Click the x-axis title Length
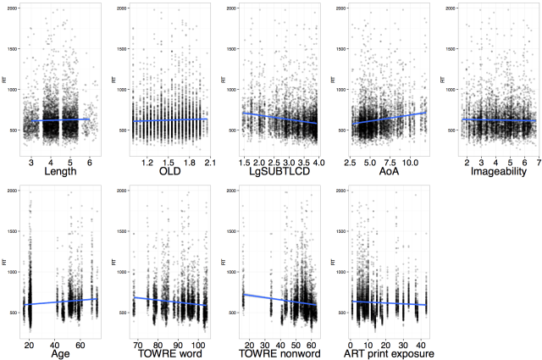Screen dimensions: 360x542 pos(59,171)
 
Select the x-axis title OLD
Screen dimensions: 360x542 pos(169,171)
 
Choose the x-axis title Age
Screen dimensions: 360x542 pos(59,353)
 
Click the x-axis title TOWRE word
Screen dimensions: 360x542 pos(169,353)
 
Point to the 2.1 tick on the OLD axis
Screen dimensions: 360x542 pos(208,161)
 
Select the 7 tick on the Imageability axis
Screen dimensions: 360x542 pos(538,161)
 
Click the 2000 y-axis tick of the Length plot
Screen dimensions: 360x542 pos(15,8)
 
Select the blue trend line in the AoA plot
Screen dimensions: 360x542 pos(390,119)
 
